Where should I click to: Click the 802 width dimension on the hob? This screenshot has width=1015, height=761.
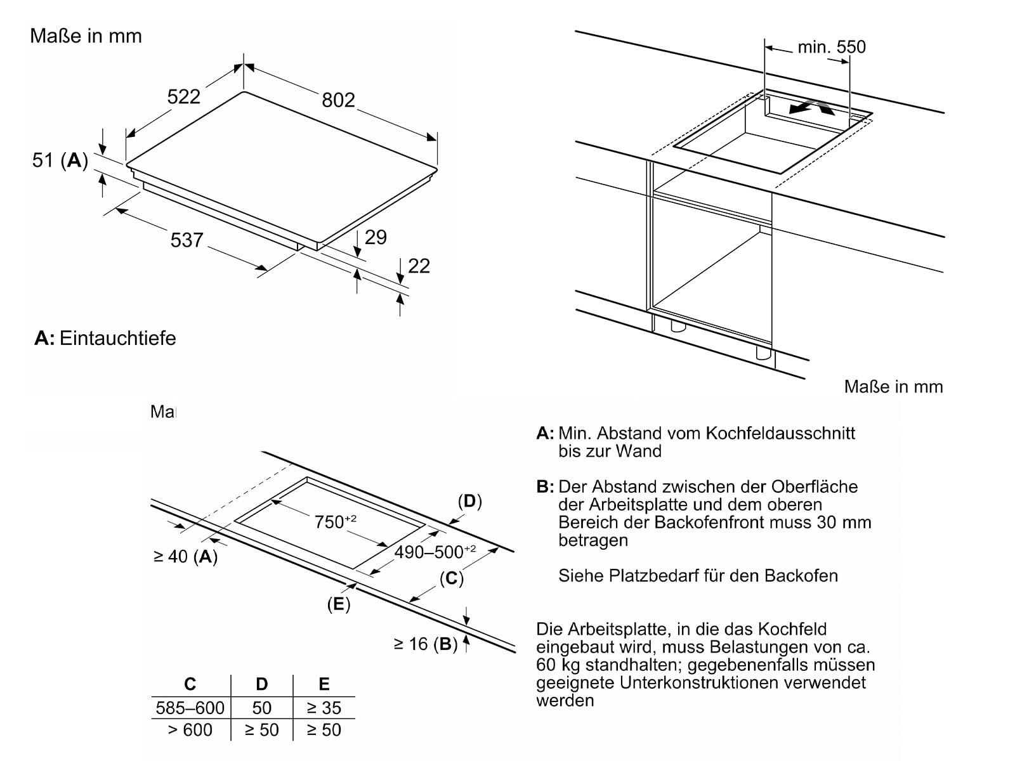338,100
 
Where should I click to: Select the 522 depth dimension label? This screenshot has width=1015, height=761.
183,96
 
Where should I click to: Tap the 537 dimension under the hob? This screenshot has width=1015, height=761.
187,240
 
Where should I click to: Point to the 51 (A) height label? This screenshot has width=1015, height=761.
60,160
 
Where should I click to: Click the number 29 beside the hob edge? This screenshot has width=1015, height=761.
376,237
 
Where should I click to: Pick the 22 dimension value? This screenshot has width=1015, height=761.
419,266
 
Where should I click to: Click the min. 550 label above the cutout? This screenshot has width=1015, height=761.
832,47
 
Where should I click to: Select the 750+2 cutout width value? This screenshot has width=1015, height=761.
335,521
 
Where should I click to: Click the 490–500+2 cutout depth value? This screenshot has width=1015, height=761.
435,551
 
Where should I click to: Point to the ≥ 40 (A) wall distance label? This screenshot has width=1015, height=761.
185,556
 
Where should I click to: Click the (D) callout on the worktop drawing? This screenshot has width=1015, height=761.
470,501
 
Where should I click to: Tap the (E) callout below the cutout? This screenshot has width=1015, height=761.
339,604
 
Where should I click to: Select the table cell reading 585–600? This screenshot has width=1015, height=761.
190,707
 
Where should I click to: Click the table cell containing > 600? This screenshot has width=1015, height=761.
190,729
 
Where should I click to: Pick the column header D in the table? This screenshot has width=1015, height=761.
262,684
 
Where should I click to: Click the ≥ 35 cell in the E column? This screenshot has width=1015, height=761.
324,707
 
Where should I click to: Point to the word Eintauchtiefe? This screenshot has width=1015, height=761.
118,338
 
